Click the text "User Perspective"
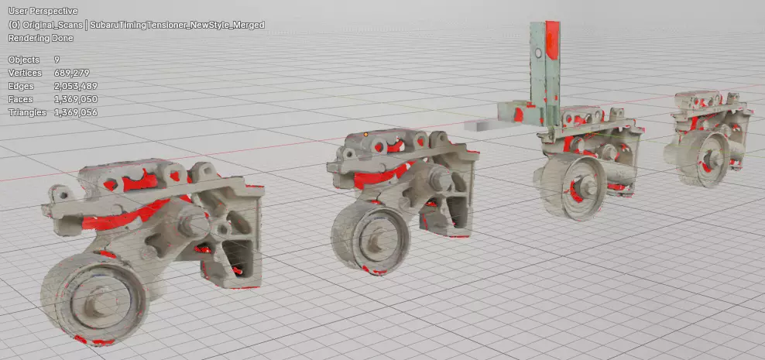coord(43,11)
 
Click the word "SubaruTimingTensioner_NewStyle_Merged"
coord(177,25)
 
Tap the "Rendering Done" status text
coord(40,38)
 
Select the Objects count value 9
coord(57,60)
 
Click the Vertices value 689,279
coord(72,73)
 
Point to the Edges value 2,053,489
coord(76,86)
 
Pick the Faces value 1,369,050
coord(76,99)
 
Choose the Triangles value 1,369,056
coord(76,112)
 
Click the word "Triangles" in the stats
coord(27,112)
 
